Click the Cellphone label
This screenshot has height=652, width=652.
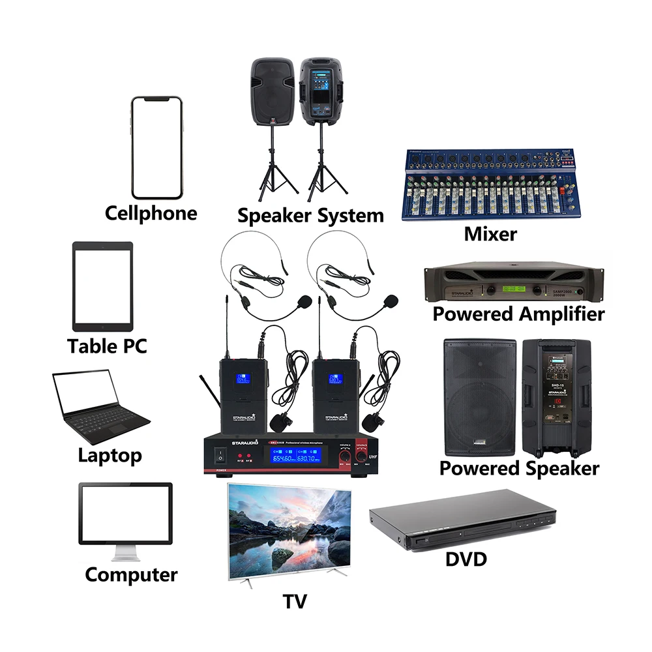(151, 213)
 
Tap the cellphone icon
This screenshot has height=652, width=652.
(156, 148)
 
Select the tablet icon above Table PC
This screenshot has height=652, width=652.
(102, 287)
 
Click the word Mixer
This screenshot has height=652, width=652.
(490, 234)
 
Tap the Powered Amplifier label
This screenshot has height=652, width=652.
(518, 314)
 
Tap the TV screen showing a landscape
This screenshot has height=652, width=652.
(289, 528)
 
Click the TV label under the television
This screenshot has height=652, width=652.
(295, 601)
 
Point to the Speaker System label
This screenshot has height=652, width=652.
(310, 215)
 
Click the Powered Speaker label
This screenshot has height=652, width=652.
(518, 468)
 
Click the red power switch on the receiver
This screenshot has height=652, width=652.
(222, 454)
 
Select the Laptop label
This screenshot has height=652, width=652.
(110, 454)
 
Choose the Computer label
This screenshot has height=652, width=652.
(131, 574)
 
